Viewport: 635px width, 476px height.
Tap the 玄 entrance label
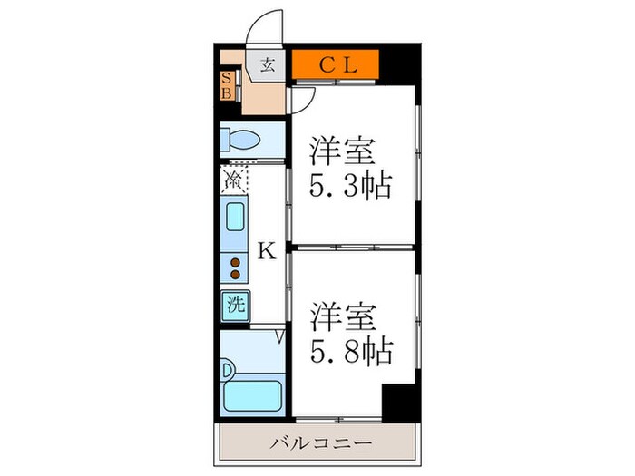(x=268, y=64)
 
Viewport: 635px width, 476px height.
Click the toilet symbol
(x=239, y=141)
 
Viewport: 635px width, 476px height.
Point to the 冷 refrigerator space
(x=233, y=179)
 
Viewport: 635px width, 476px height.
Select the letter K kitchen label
(x=266, y=250)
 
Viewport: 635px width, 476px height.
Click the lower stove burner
(x=235, y=274)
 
